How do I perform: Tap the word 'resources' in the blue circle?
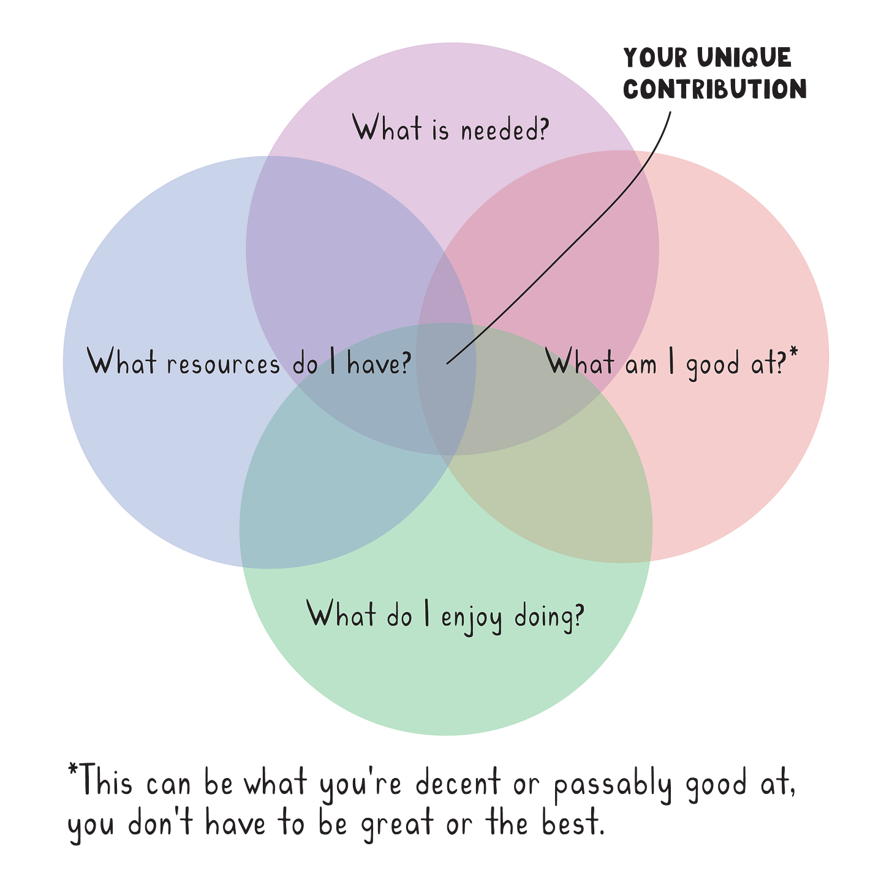(x=223, y=364)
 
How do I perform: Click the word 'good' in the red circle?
(x=712, y=365)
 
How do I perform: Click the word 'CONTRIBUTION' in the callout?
(x=715, y=89)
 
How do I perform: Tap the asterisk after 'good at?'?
(x=794, y=353)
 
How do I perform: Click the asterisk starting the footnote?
(x=72, y=769)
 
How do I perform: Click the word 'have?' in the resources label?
(x=379, y=364)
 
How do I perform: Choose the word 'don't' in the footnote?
(x=160, y=823)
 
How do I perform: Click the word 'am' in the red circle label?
(x=641, y=365)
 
